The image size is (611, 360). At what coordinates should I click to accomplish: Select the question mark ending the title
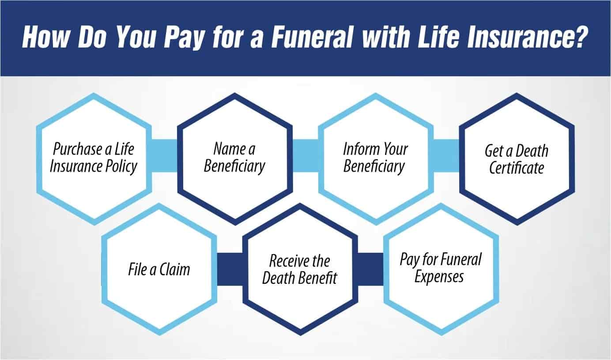coord(582,38)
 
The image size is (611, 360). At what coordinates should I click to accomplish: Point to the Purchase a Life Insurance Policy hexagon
coord(94,157)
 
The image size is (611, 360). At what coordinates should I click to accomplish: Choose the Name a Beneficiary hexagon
coord(234,157)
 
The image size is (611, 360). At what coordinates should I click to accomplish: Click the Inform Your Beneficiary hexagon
coord(375,157)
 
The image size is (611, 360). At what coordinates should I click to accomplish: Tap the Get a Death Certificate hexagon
coord(517,157)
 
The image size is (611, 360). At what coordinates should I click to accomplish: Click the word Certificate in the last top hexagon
coord(517,168)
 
